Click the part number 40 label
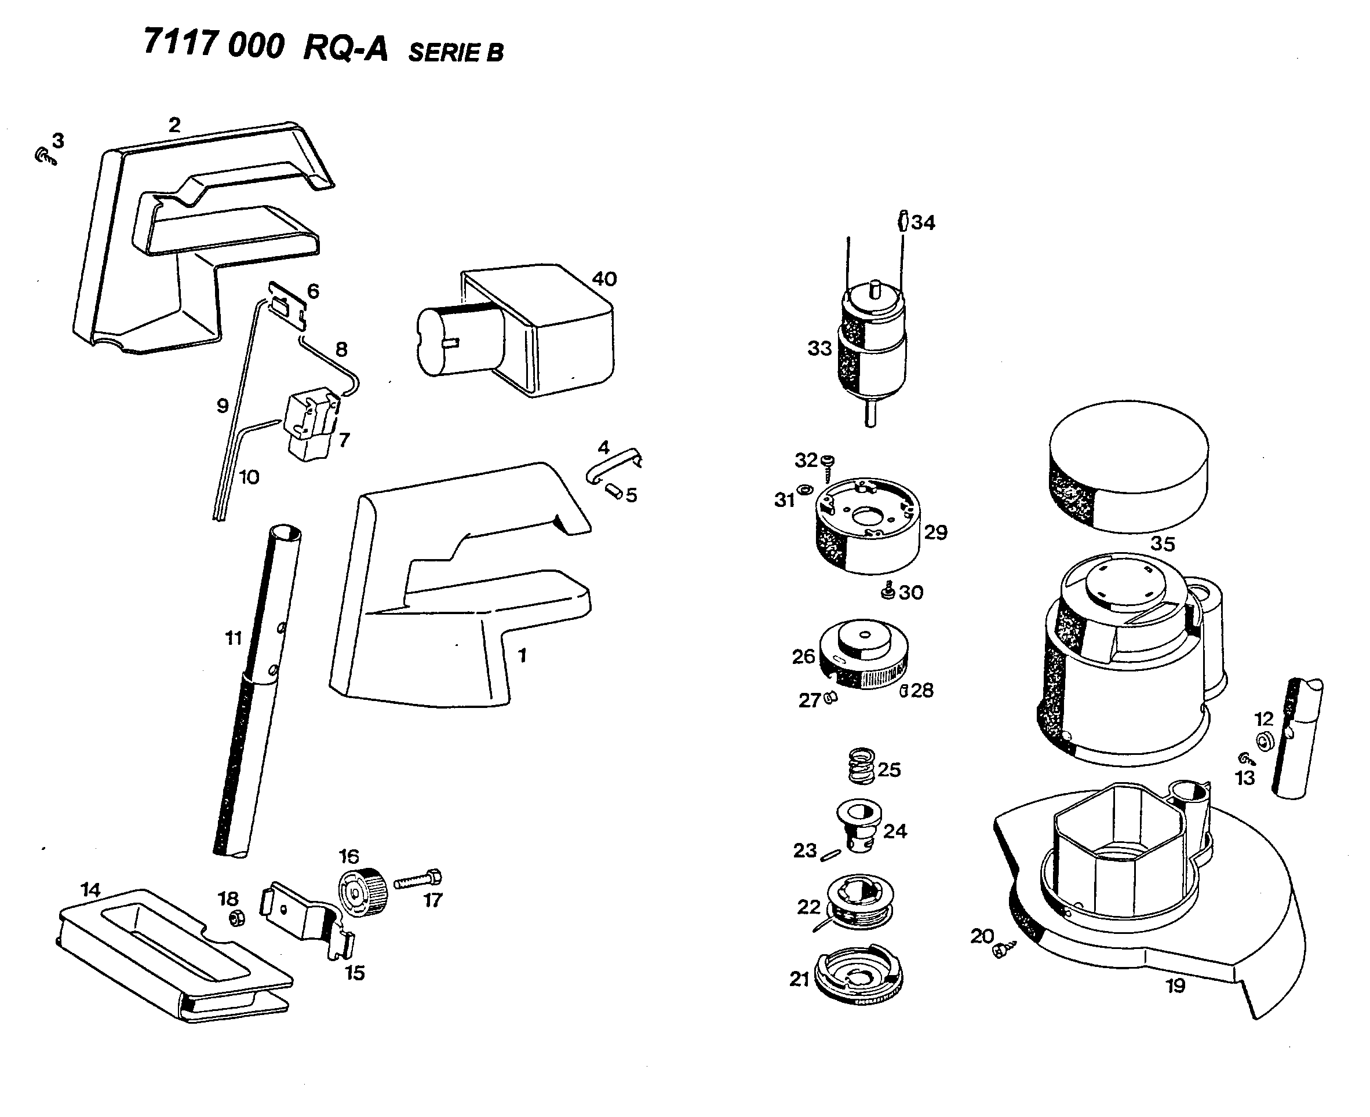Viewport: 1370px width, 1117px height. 604,279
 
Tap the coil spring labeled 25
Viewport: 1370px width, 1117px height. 861,766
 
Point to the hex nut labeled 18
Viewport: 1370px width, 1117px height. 237,919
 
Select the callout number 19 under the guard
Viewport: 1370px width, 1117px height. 1175,985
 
